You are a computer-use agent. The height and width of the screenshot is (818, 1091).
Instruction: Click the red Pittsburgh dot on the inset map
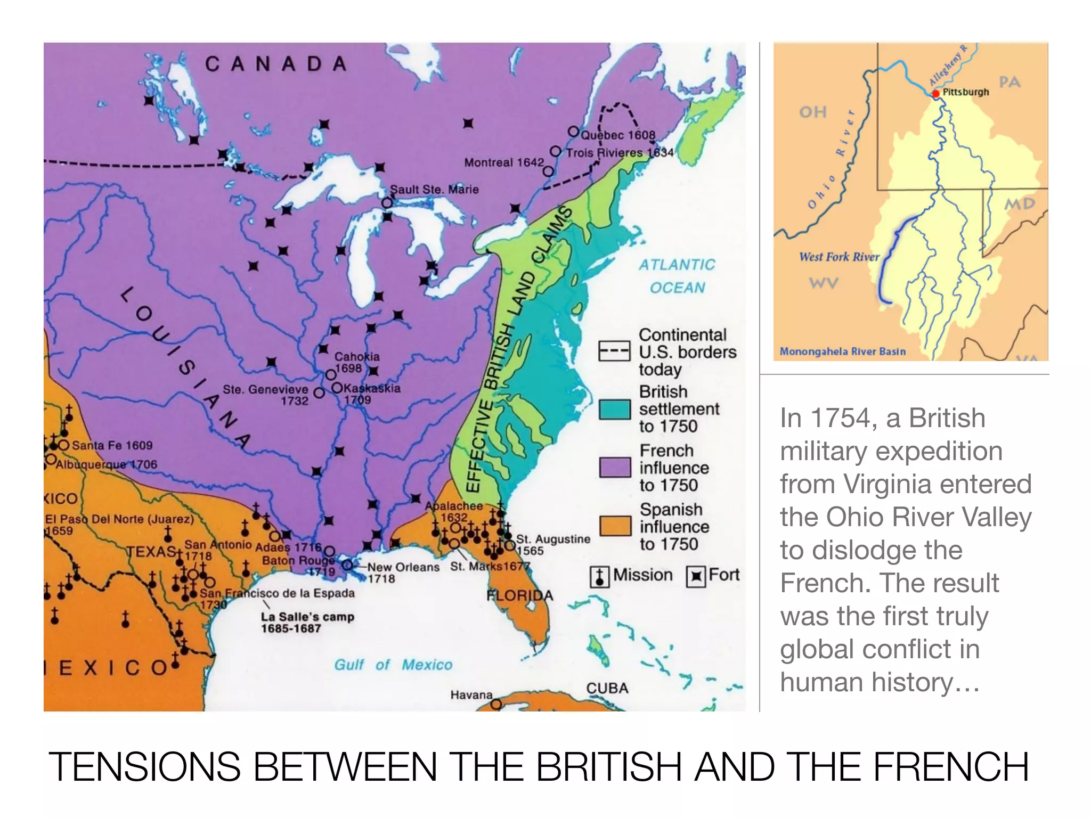[x=935, y=94]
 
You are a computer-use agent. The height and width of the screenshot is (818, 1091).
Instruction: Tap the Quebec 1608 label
[x=618, y=135]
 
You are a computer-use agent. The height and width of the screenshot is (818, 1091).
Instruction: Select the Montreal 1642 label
[x=504, y=162]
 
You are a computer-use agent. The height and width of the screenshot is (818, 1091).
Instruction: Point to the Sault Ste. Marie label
[x=434, y=190]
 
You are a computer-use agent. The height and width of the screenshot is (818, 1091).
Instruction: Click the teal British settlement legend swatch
[x=615, y=409]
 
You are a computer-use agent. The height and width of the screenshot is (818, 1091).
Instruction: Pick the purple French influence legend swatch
[x=615, y=468]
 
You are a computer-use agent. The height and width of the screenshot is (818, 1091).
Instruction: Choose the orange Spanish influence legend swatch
[x=615, y=526]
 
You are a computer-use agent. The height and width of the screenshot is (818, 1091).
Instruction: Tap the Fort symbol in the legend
[x=695, y=577]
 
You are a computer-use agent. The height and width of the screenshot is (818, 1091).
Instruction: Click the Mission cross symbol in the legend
[x=600, y=577]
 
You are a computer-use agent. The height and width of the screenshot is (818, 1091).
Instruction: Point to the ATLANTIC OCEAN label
[x=677, y=276]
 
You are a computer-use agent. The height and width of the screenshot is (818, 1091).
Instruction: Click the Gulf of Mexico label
[x=393, y=665]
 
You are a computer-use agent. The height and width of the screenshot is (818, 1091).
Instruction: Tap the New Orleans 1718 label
[x=403, y=572]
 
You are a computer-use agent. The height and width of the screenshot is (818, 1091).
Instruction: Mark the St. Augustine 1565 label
[x=553, y=544]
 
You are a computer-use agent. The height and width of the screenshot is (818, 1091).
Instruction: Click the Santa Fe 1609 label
[x=112, y=445]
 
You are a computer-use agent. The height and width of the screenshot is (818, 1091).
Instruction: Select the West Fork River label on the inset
[x=838, y=257]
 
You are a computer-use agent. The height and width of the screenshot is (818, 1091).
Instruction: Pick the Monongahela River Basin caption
[x=842, y=351]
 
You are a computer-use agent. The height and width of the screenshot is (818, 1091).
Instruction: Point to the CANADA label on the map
[x=276, y=64]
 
